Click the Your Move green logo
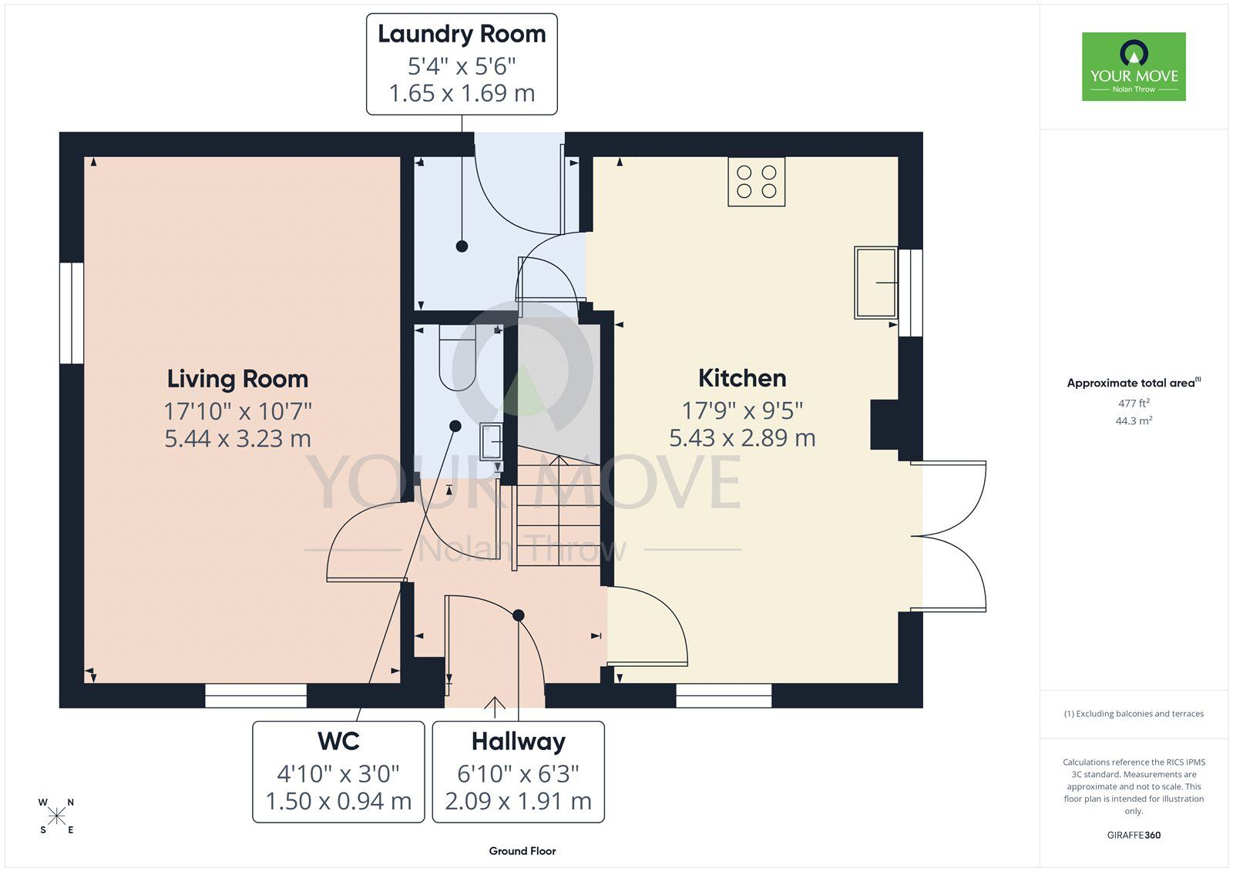click(x=1134, y=66)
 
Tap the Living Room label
click(x=238, y=379)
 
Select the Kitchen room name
click(x=742, y=378)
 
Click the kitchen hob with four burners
click(x=756, y=182)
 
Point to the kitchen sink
click(x=875, y=283)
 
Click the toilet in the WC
click(x=458, y=357)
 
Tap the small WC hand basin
click(x=492, y=442)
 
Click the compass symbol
click(x=57, y=816)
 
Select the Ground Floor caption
click(x=522, y=851)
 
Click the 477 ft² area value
click(x=1134, y=403)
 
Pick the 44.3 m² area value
click(x=1134, y=421)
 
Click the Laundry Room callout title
click(x=462, y=34)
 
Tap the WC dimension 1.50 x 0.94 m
click(x=338, y=801)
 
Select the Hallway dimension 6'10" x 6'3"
click(x=518, y=774)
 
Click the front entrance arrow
click(x=495, y=708)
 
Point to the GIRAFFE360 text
click(x=1134, y=836)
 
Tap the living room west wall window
click(x=72, y=313)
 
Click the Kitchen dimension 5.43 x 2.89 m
click(x=742, y=438)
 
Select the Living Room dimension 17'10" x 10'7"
click(x=238, y=411)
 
